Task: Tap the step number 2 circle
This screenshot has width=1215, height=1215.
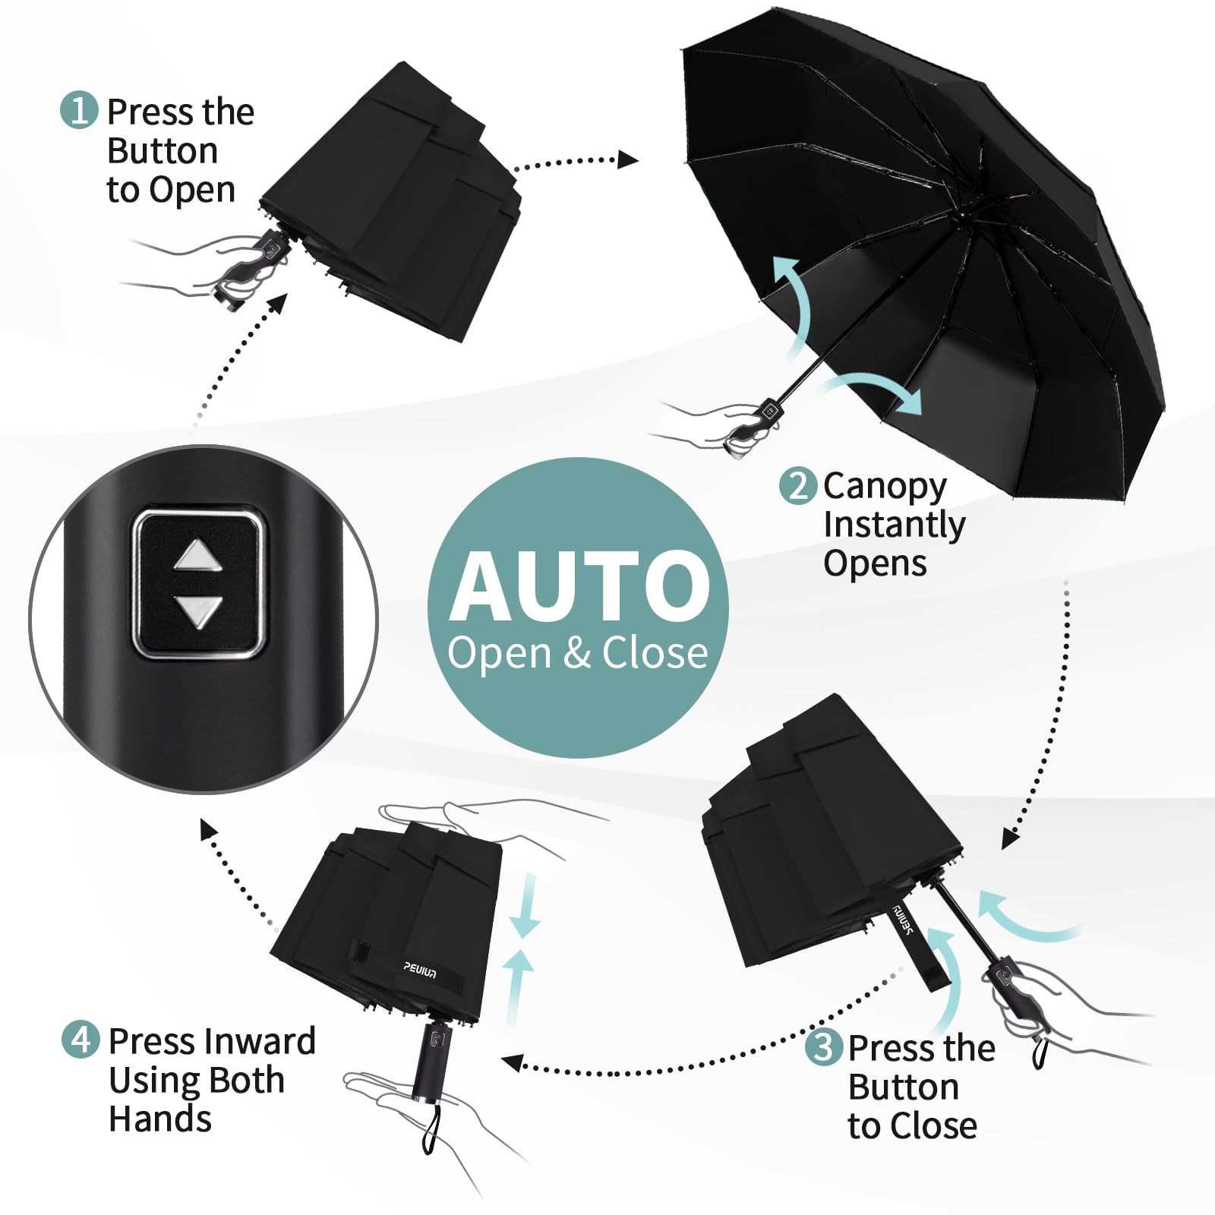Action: click(798, 485)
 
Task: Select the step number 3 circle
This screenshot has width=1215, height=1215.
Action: click(824, 1047)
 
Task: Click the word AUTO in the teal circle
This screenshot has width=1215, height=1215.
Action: click(579, 585)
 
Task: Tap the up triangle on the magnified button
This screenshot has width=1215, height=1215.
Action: click(198, 555)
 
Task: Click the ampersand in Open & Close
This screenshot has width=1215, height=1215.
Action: click(577, 653)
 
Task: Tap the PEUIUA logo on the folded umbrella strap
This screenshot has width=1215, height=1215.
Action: click(420, 970)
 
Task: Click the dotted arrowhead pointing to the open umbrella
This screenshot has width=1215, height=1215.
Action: click(628, 159)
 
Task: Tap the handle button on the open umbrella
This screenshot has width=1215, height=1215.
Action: click(772, 411)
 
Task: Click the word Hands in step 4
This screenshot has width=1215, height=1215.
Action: click(160, 1119)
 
